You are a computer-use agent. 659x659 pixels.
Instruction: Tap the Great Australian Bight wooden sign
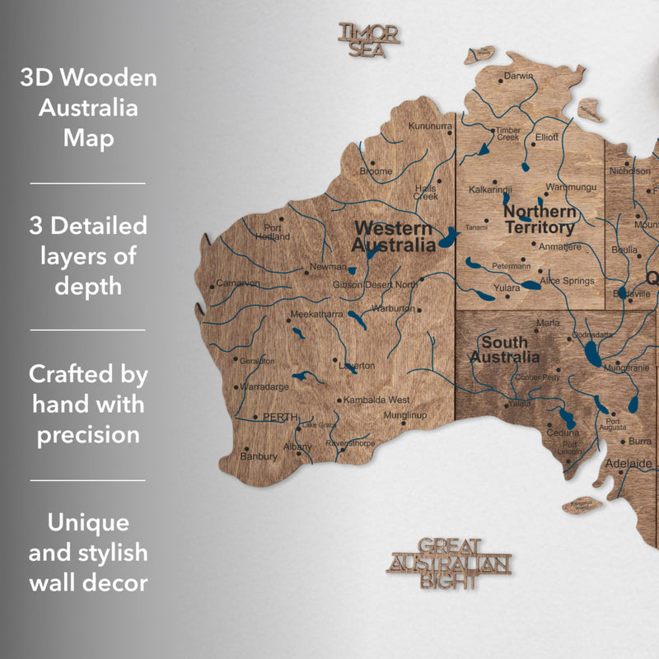(x=449, y=564)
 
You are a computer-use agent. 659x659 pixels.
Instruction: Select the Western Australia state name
(x=393, y=236)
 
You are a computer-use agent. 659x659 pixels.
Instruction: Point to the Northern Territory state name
(x=539, y=219)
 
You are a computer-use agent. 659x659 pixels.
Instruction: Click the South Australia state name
(x=505, y=349)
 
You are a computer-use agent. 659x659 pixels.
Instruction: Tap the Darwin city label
(x=519, y=76)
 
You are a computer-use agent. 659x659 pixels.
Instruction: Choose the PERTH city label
(x=279, y=417)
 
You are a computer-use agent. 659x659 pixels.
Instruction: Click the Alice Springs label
(x=567, y=281)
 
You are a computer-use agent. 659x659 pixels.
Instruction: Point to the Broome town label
(x=376, y=171)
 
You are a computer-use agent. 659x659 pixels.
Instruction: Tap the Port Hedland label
(x=273, y=231)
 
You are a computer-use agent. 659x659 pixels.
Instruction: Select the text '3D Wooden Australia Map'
(x=88, y=108)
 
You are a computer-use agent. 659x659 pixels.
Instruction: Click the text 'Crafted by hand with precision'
(x=88, y=404)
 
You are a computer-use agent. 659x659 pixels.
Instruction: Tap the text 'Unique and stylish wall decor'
(x=88, y=552)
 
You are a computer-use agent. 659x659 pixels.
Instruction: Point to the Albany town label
(x=297, y=446)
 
